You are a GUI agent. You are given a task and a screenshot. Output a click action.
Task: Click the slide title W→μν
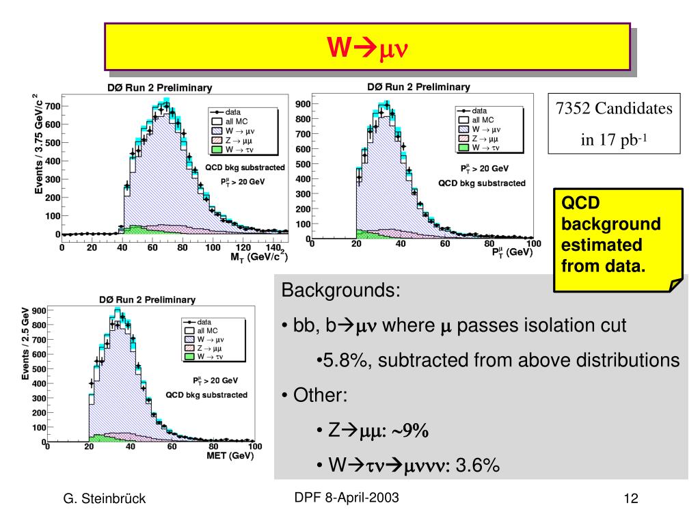pyautogui.click(x=366, y=48)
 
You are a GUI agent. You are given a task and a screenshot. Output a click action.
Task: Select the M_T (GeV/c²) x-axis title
pyautogui.click(x=258, y=257)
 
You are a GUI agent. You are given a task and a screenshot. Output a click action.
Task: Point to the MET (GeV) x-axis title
pyautogui.click(x=230, y=455)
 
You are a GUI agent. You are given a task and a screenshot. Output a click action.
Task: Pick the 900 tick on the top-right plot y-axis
pyautogui.click(x=303, y=104)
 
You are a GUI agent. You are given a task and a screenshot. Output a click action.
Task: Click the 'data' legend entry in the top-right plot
pyautogui.click(x=479, y=109)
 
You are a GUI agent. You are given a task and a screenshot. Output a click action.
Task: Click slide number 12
pyautogui.click(x=630, y=499)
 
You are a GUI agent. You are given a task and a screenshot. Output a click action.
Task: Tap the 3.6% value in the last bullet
pyautogui.click(x=477, y=466)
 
